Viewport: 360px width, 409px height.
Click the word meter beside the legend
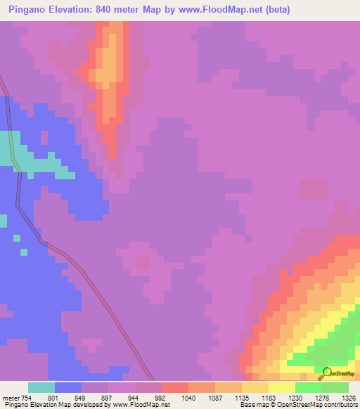click(x=12, y=398)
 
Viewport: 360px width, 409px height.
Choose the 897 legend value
click(x=108, y=398)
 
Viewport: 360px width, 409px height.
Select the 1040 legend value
click(x=188, y=398)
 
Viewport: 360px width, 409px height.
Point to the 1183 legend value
click(x=269, y=398)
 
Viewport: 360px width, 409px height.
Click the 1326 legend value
click(x=349, y=398)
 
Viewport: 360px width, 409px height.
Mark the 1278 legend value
click(x=322, y=398)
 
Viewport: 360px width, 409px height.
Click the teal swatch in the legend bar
click(x=41, y=387)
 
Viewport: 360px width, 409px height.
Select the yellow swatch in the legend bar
click(x=282, y=387)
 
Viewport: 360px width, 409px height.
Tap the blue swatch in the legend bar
click(x=68, y=387)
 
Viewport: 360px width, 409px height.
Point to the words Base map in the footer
click(x=252, y=405)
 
